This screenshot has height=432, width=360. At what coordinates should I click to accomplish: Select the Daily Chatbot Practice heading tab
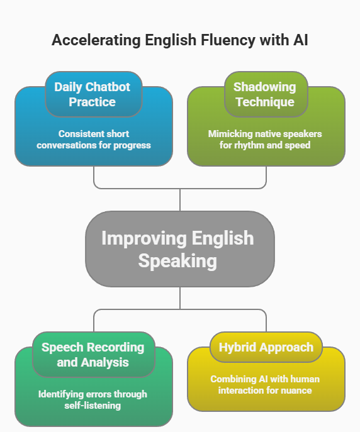point(93,94)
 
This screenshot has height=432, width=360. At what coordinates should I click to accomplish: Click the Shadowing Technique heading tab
point(266,94)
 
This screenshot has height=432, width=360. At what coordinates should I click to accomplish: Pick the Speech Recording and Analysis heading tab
point(93,355)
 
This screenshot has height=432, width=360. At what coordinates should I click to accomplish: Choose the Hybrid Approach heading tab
point(266,347)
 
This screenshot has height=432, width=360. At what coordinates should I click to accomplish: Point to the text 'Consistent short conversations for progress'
point(93,140)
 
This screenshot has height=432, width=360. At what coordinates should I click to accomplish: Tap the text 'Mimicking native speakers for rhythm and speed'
point(266,140)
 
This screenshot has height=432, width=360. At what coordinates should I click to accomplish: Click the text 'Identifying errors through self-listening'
point(93,400)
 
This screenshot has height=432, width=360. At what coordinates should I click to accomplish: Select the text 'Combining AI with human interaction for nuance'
point(266,385)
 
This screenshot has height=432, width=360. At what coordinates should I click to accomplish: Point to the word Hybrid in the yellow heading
point(238,347)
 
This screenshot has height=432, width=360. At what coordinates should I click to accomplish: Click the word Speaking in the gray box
point(178,260)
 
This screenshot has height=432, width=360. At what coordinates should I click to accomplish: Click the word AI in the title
point(299,41)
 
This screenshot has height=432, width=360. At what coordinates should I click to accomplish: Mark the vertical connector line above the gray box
point(180,199)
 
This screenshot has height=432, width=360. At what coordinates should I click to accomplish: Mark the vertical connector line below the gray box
point(180,298)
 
